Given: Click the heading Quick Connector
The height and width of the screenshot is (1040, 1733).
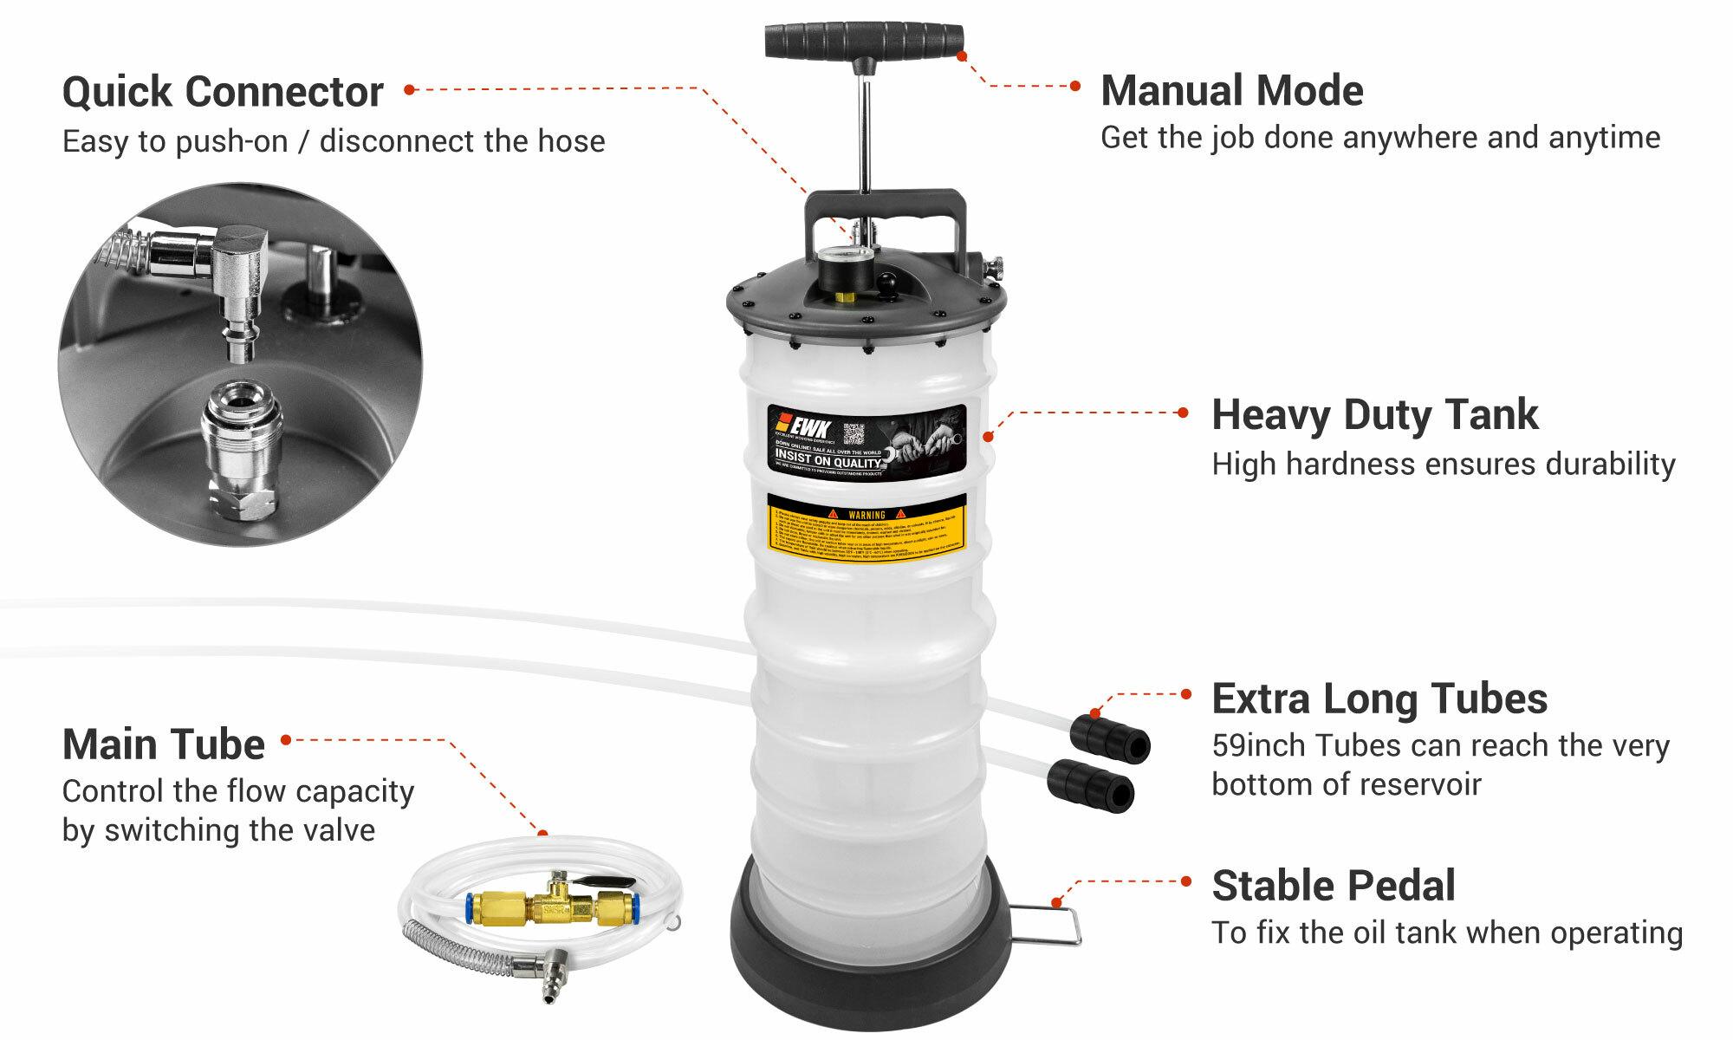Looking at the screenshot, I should [x=223, y=92].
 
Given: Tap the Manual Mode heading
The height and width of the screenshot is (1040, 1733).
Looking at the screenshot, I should [x=1231, y=90].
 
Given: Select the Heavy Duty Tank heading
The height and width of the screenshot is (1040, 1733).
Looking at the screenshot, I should [x=1374, y=414].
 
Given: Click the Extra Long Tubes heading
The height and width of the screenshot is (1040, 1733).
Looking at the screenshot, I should [x=1379, y=699].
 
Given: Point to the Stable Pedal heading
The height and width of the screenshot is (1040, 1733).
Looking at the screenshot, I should [x=1333, y=886].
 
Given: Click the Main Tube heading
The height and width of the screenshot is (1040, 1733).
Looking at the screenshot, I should [x=163, y=744].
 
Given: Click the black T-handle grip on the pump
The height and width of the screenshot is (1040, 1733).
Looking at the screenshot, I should [x=864, y=41].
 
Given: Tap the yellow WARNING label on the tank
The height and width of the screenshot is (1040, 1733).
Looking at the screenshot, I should [x=866, y=529].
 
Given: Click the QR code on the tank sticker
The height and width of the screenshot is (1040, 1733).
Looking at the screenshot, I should [x=854, y=434].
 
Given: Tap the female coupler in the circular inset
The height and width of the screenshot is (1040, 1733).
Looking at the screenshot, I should [x=242, y=451].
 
